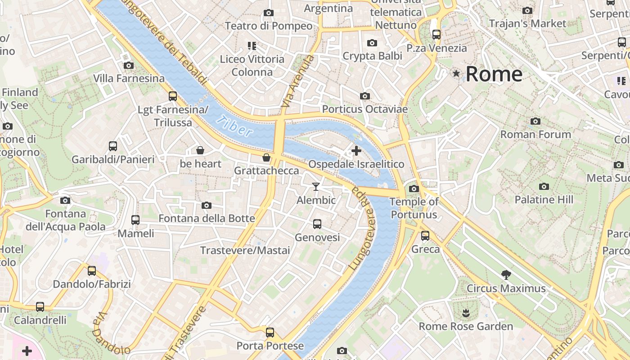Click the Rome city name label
tap(494, 74)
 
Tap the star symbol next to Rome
tap(457, 73)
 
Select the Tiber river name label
tap(234, 126)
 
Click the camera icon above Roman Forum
tap(535, 121)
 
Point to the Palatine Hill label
tap(544, 199)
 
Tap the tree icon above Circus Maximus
tap(506, 274)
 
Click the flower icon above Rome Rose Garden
tap(466, 313)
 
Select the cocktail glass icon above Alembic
tap(316, 187)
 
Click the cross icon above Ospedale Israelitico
tap(356, 151)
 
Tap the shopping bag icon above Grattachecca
tap(266, 157)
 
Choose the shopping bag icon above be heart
tap(200, 150)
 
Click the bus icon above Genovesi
tap(317, 224)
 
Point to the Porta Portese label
tap(270, 346)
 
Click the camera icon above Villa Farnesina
tap(129, 65)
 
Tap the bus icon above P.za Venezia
tap(436, 34)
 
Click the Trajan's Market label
tap(527, 23)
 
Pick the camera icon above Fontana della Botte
tap(207, 205)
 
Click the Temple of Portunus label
tap(414, 208)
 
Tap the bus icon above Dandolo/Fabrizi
tap(92, 271)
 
